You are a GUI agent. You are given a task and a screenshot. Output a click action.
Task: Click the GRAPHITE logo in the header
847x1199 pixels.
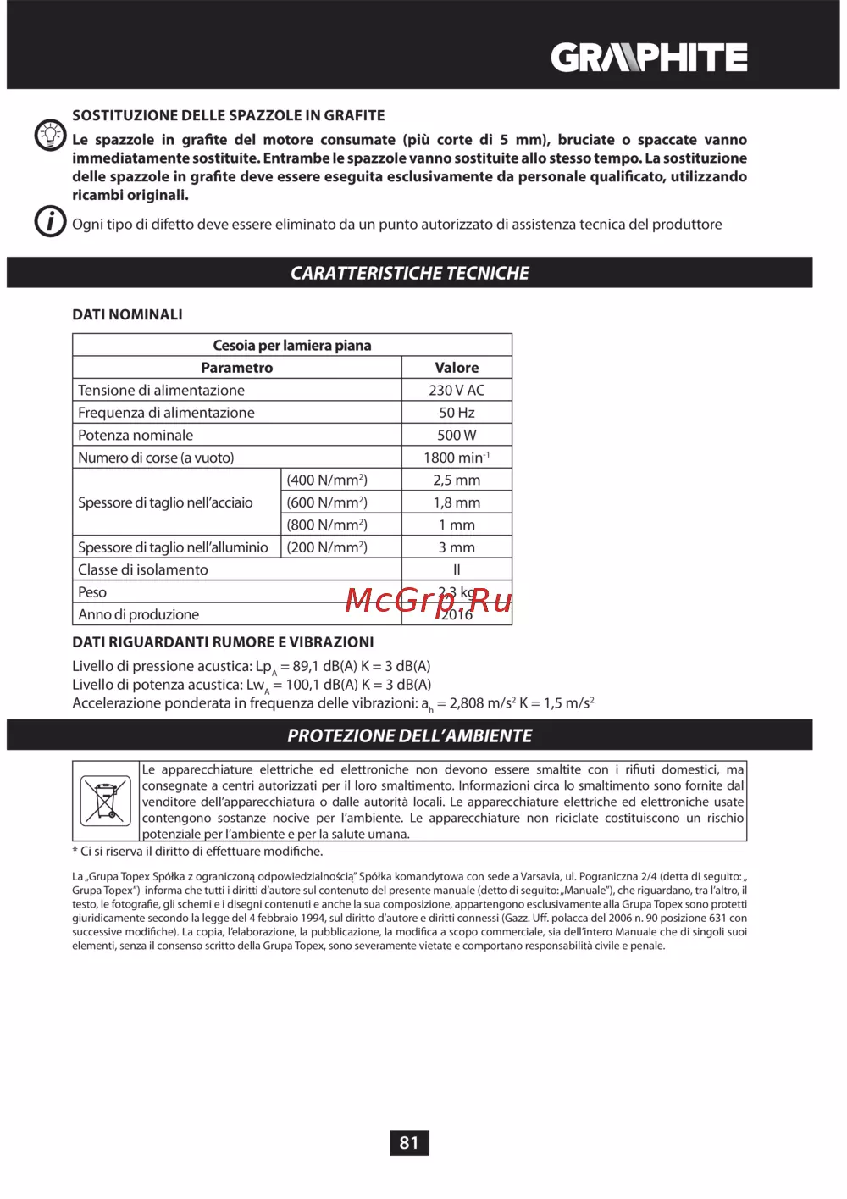(649, 58)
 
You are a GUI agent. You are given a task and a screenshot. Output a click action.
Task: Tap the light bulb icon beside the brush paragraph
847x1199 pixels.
(50, 135)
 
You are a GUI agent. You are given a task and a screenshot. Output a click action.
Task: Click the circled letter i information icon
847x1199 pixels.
(50, 222)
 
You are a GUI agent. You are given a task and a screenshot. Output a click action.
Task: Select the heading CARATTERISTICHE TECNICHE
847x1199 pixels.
(409, 273)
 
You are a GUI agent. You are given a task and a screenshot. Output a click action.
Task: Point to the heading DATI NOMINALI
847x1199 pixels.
(127, 314)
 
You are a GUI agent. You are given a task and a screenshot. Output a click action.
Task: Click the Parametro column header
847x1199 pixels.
(236, 368)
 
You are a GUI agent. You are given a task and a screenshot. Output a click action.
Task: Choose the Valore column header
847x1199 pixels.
(457, 368)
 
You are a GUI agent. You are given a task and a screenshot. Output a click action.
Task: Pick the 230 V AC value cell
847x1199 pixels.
(457, 391)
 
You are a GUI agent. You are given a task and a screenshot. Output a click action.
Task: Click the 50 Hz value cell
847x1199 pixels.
(457, 413)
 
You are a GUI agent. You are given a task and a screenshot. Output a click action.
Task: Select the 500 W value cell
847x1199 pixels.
(457, 436)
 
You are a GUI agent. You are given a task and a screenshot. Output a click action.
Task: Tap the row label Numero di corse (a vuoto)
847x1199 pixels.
(156, 458)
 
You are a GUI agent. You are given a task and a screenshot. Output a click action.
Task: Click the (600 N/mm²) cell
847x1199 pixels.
(327, 502)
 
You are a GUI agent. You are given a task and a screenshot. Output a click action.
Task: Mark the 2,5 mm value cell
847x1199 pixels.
(457, 480)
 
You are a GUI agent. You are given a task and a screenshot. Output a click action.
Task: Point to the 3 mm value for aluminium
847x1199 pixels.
(457, 547)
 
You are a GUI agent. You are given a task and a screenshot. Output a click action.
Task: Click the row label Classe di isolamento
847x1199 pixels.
(142, 570)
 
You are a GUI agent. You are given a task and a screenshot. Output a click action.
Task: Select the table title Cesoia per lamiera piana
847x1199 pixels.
(291, 345)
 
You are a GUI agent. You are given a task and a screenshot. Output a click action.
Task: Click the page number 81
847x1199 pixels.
(409, 1143)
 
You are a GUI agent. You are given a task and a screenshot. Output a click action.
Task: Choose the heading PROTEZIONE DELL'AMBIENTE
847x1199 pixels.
(409, 735)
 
